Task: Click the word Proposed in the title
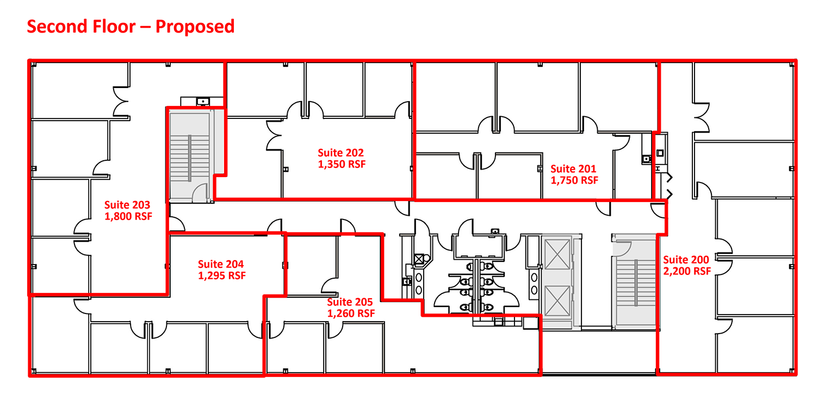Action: tap(195, 26)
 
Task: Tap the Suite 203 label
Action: tap(127, 205)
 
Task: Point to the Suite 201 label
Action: tap(573, 169)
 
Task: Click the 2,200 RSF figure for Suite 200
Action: tap(686, 271)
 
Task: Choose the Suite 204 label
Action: tap(221, 265)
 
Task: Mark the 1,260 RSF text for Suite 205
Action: tap(351, 313)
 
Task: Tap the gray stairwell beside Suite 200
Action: tap(636, 283)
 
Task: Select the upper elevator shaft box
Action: tap(556, 254)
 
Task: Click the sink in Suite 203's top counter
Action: tap(203, 101)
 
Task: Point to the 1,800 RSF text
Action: tap(128, 216)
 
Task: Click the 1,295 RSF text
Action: tap(222, 276)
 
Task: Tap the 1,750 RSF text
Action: tap(574, 180)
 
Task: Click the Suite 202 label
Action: tap(340, 153)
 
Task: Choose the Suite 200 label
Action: tap(686, 260)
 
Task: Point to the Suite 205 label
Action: tap(350, 302)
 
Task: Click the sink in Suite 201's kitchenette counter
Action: tap(645, 159)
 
